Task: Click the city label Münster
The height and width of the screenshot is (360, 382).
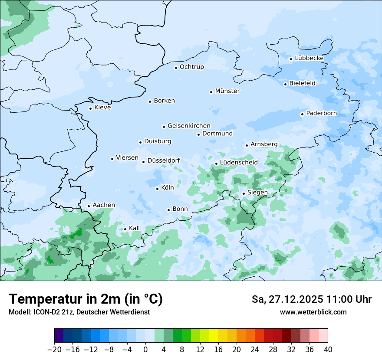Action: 227,91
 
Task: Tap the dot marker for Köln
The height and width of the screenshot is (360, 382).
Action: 158,189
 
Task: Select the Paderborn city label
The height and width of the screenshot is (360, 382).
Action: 321,114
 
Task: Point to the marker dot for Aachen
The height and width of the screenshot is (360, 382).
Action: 89,206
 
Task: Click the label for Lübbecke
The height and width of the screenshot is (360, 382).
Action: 309,59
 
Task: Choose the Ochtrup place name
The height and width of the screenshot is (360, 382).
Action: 191,67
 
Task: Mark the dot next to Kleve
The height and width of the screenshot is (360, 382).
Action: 91,108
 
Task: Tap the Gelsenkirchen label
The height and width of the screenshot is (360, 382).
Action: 189,126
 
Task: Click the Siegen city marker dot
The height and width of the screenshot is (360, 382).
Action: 244,193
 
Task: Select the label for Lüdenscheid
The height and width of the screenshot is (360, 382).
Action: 239,163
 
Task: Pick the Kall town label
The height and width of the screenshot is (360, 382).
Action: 134,228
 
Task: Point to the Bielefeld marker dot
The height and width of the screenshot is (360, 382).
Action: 286,84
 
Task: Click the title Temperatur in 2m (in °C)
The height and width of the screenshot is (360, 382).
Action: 86,299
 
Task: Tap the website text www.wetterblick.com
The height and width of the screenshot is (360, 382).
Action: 313,312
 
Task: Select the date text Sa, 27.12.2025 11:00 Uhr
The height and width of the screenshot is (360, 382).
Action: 311,299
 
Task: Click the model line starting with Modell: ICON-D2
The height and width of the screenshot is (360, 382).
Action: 79,312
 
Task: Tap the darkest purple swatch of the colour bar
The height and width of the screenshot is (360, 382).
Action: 59,336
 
